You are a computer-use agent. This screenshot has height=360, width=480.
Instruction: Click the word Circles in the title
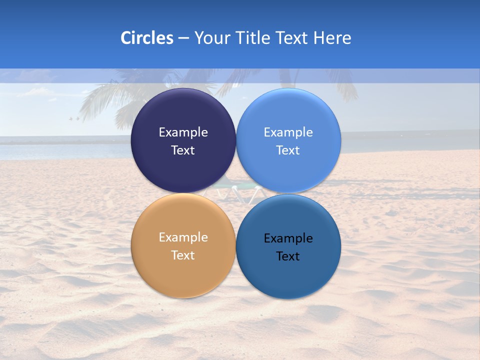(x=146, y=38)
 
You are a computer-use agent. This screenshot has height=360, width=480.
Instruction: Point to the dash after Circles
(x=183, y=38)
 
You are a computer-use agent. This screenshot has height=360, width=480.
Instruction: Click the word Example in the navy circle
(x=183, y=132)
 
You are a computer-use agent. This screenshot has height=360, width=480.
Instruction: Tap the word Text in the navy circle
(x=183, y=150)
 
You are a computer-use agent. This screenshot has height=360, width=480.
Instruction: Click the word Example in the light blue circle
(x=288, y=132)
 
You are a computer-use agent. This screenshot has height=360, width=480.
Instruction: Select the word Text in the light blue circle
(x=288, y=150)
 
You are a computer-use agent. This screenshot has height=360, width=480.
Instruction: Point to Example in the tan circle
(x=183, y=237)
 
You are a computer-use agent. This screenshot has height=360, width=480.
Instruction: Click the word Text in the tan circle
(x=183, y=255)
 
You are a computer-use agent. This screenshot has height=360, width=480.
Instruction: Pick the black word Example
(x=288, y=238)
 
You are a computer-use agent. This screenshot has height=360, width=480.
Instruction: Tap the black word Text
(x=288, y=256)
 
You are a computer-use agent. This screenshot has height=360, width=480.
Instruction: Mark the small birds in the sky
(x=74, y=118)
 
